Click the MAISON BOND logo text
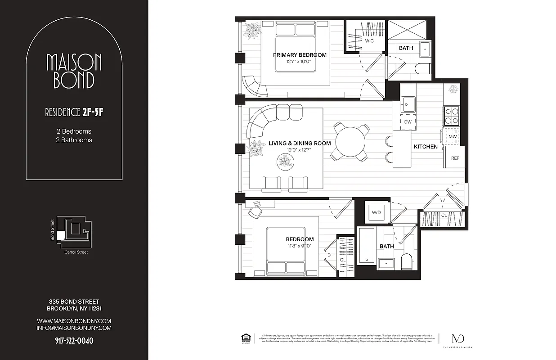(x=74, y=71)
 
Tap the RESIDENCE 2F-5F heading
(x=74, y=112)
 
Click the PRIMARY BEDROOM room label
(x=300, y=55)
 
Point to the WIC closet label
(x=369, y=41)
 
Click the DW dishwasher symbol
(x=408, y=122)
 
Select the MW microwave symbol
(x=452, y=136)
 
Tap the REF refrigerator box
(x=455, y=158)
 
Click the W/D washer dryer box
(x=375, y=212)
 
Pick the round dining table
(x=351, y=143)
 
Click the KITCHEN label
(x=426, y=147)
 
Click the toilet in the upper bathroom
(x=423, y=69)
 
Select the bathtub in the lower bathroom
(x=366, y=246)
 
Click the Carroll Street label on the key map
(x=76, y=252)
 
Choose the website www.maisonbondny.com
(x=74, y=321)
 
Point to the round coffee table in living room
(x=286, y=161)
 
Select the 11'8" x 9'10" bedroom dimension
(x=300, y=246)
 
